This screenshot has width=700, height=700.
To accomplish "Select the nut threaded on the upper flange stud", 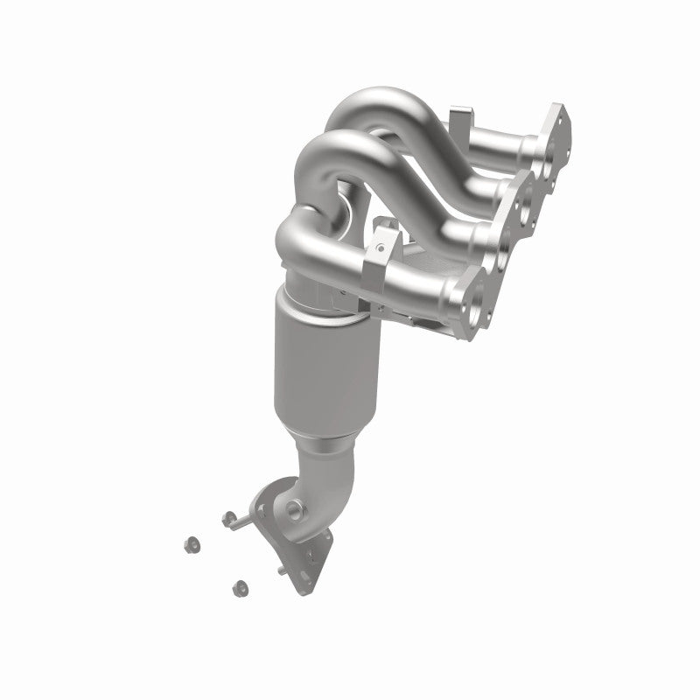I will tap(229, 518).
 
